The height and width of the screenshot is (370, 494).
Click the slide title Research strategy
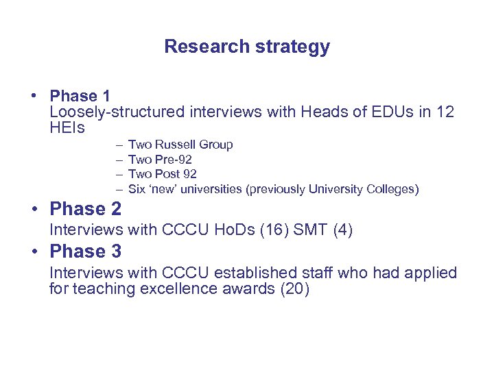click(247, 47)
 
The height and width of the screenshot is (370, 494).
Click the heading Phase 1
click(80, 96)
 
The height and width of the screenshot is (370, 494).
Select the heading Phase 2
click(86, 208)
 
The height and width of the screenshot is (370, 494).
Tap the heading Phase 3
click(86, 251)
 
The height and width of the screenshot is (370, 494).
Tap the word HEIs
click(67, 127)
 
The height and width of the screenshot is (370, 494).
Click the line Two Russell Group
click(180, 145)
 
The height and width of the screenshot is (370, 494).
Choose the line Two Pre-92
click(160, 160)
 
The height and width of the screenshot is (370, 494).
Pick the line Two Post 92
click(163, 174)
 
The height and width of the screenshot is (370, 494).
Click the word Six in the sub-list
click(137, 189)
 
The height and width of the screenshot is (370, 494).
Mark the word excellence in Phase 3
click(178, 289)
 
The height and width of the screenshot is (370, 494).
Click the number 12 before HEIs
click(445, 112)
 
